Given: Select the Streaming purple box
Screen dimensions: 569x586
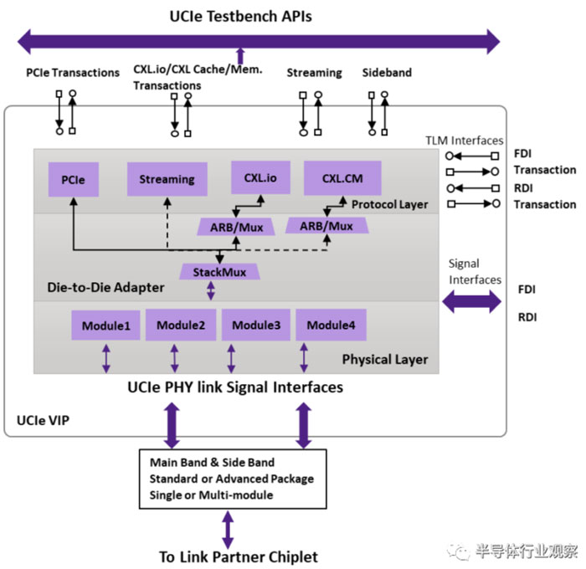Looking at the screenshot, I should pyautogui.click(x=167, y=179).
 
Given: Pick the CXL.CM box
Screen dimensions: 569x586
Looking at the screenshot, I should pyautogui.click(x=342, y=177).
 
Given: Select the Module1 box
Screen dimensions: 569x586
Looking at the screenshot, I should pyautogui.click(x=105, y=326).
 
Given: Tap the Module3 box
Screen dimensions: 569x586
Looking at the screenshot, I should pyautogui.click(x=256, y=325).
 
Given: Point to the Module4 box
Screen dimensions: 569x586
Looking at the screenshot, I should pyautogui.click(x=330, y=325).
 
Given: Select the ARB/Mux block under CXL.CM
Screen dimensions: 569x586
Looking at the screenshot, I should pyautogui.click(x=326, y=225).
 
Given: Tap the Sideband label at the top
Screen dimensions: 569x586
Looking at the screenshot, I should pyautogui.click(x=387, y=73).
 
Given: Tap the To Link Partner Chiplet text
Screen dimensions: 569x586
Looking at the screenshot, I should pyautogui.click(x=239, y=556).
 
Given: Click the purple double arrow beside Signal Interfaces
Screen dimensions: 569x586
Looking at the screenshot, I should pyautogui.click(x=470, y=301).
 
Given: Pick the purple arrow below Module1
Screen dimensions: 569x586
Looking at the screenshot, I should pyautogui.click(x=106, y=359).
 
